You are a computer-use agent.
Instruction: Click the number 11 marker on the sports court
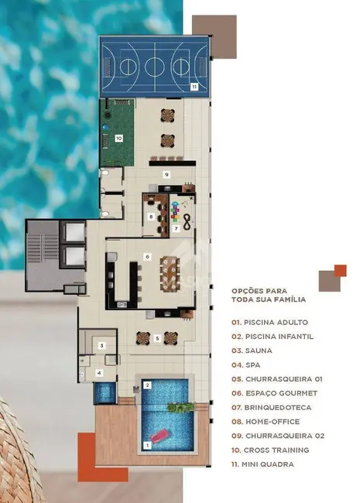[194, 87]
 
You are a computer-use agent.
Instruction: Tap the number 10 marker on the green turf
[118, 139]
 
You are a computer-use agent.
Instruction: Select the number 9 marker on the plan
[166, 175]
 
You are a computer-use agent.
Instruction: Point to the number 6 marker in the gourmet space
[147, 257]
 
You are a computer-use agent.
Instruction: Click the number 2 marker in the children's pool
[147, 385]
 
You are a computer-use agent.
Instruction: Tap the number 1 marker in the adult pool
[147, 445]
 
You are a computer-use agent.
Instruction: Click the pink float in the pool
[161, 436]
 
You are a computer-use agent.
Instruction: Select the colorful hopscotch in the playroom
[174, 211]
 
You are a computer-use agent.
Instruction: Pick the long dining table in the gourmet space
[170, 274]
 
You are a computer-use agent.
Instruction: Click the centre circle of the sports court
[155, 67]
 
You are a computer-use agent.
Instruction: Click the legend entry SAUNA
[252, 351]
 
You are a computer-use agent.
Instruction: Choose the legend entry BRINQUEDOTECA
[272, 407]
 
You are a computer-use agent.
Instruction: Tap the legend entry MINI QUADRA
[262, 464]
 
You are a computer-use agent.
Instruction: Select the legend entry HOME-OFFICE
[266, 422]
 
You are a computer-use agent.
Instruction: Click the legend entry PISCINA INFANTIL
[273, 337]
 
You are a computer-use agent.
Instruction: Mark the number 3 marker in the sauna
[101, 345]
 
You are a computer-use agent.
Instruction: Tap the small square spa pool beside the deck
[105, 392]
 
